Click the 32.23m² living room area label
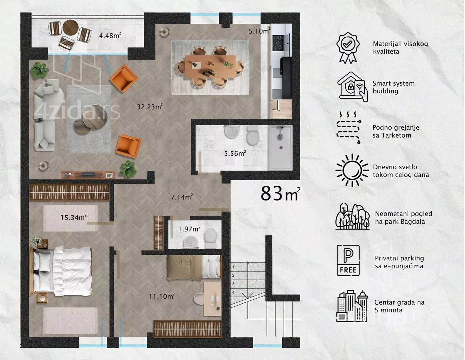pyautogui.click(x=149, y=106)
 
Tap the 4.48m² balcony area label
pyautogui.click(x=110, y=35)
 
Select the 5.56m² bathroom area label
pyautogui.click(x=235, y=153)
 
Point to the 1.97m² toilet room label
pyautogui.click(x=189, y=229)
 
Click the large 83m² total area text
pyautogui.click(x=280, y=193)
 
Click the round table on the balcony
pyautogui.click(x=71, y=27)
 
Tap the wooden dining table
pyautogui.click(x=210, y=66)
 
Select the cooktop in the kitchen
pyautogui.click(x=278, y=43)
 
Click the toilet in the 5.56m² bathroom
pyautogui.click(x=253, y=135)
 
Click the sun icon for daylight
pyautogui.click(x=352, y=170)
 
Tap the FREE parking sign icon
pyautogui.click(x=348, y=260)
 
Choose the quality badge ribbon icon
pyautogui.click(x=348, y=48)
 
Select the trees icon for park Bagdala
pyautogui.click(x=353, y=216)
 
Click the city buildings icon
pyautogui.click(x=352, y=306)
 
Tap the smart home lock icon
pyautogui.click(x=353, y=87)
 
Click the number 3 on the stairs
pyautogui.click(x=233, y=284)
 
